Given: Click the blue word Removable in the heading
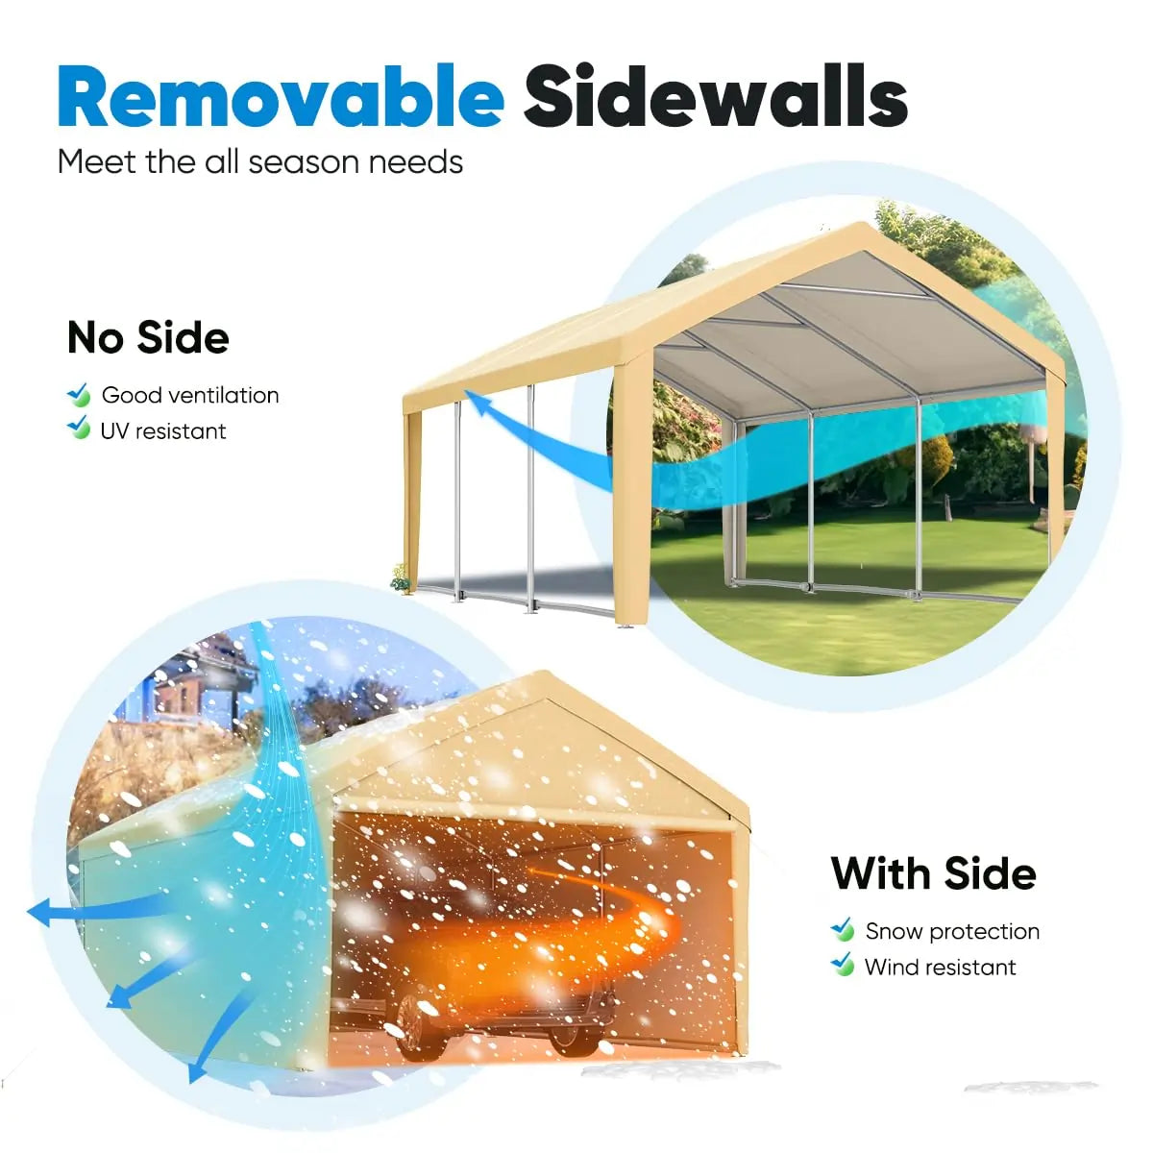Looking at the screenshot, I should tap(281, 97).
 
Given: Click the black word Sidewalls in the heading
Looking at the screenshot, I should tap(715, 97).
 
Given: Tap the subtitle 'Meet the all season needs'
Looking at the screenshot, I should tap(260, 161).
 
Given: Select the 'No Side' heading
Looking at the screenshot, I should tap(148, 337).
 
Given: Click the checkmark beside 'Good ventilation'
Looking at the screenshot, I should tap(79, 394).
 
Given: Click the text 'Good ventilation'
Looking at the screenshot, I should tap(190, 395).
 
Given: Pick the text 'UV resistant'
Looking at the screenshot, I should tap(163, 430).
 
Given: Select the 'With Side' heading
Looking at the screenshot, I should tap(933, 873).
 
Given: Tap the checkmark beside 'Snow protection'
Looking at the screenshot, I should tap(843, 929).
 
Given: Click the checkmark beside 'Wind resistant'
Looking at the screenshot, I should tap(843, 964).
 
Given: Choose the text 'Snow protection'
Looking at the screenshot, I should tap(952, 931).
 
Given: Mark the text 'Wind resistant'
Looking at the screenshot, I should tap(940, 967).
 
